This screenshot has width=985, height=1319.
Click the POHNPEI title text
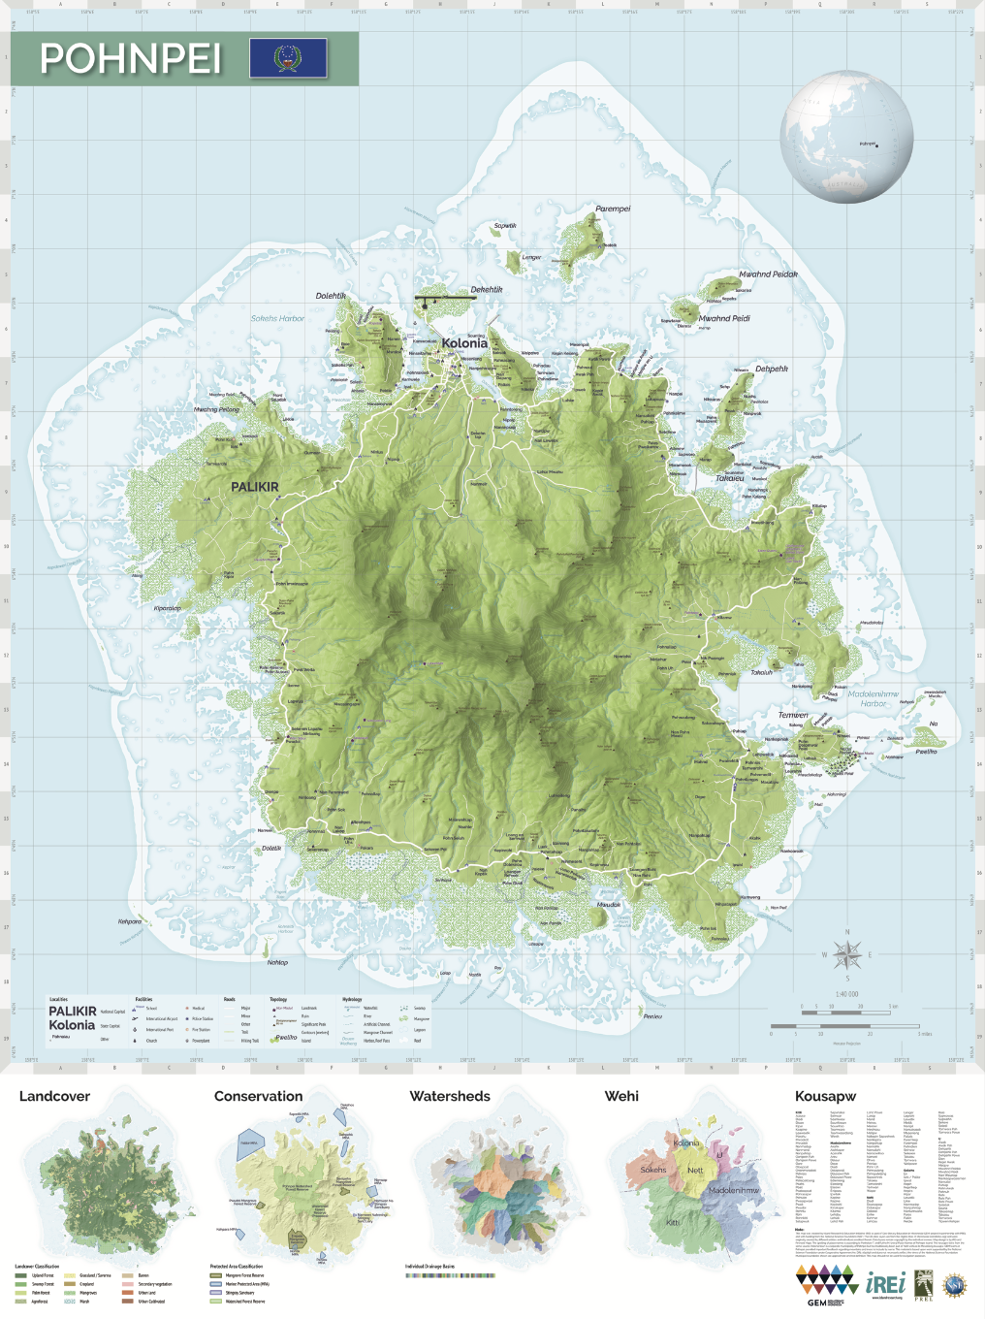(x=131, y=59)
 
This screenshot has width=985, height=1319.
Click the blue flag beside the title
(x=288, y=58)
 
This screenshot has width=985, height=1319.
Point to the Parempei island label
(x=613, y=209)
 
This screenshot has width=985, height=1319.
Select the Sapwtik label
(x=505, y=226)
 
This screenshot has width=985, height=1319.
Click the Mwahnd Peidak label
(x=768, y=274)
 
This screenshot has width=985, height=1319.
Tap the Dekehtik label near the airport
(x=487, y=289)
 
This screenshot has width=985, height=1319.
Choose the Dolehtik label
(x=331, y=296)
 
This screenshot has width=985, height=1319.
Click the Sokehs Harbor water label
(x=277, y=318)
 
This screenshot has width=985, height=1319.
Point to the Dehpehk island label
(x=772, y=369)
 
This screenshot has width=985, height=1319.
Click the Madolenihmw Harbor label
(x=873, y=698)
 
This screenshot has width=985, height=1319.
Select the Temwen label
(x=793, y=715)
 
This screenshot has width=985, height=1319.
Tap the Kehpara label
(x=130, y=921)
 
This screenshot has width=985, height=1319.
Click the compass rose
(x=846, y=955)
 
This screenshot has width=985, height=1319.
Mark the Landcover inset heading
(x=54, y=1096)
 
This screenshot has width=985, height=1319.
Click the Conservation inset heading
(x=258, y=1096)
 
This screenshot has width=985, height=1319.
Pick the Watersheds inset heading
(x=450, y=1096)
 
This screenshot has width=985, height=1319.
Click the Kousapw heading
(x=825, y=1096)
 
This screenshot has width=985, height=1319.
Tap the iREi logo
(x=885, y=1282)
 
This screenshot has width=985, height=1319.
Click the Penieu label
(x=652, y=1016)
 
